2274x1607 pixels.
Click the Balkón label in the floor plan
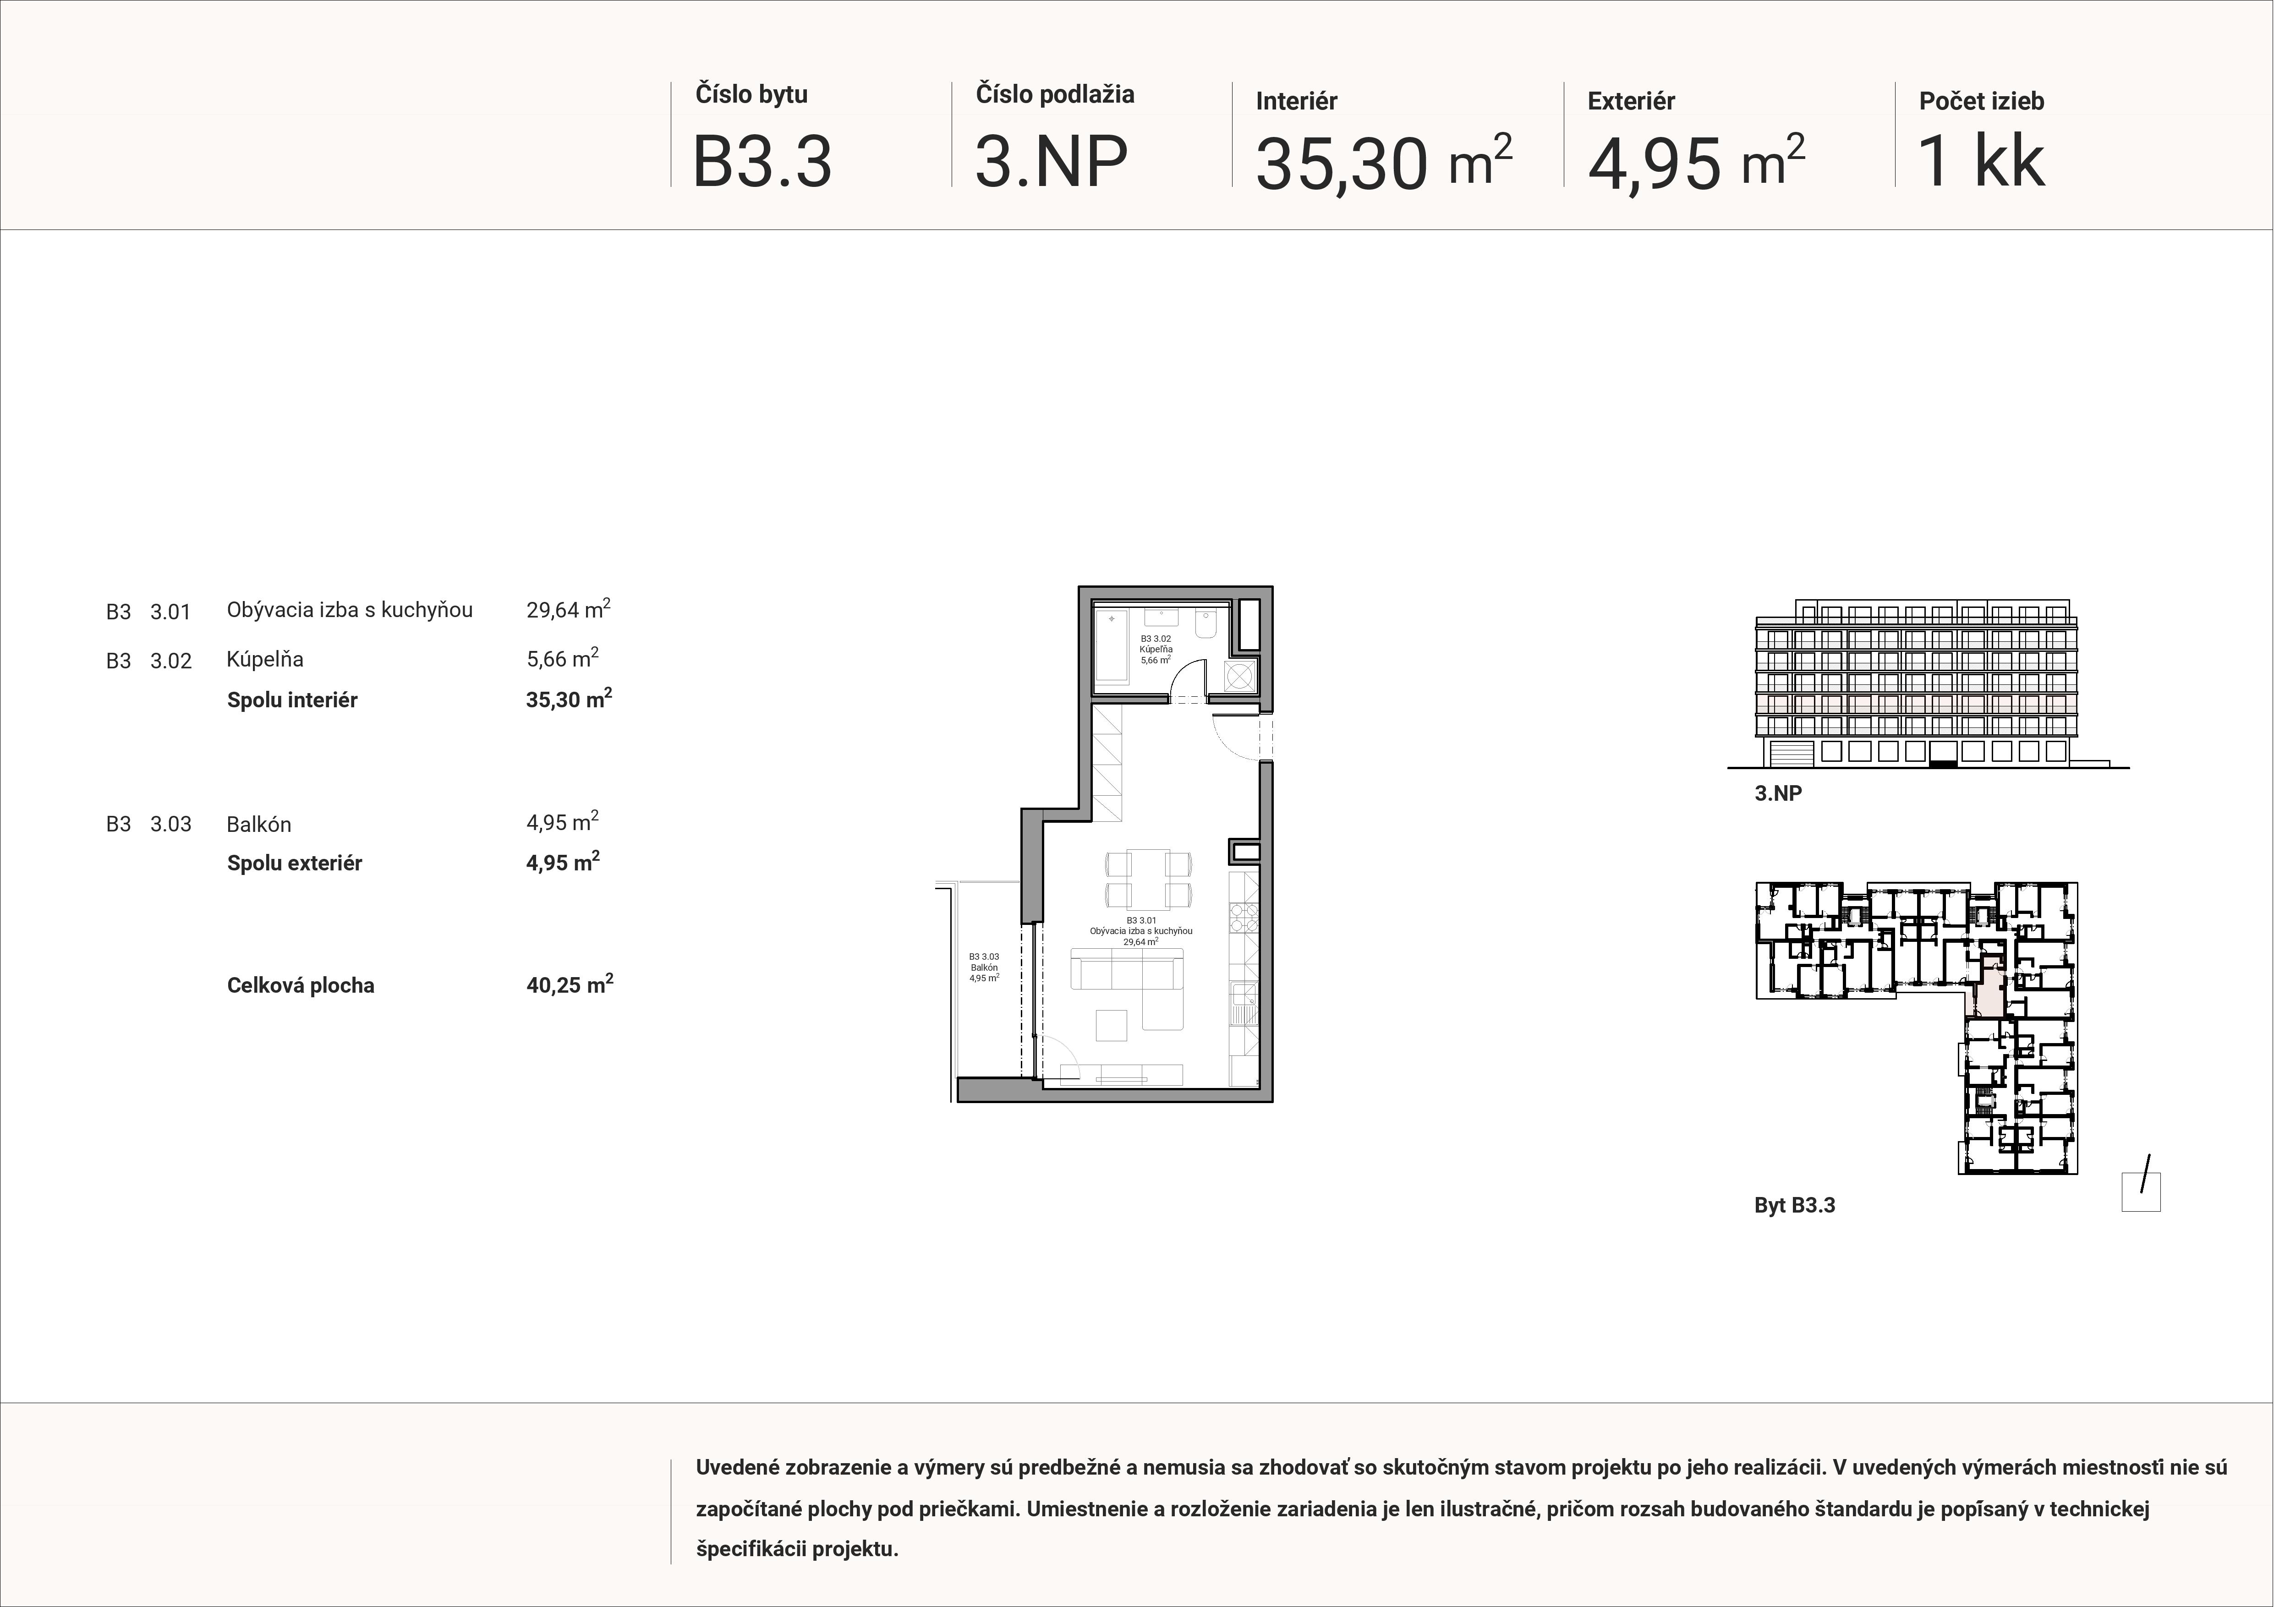983,967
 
